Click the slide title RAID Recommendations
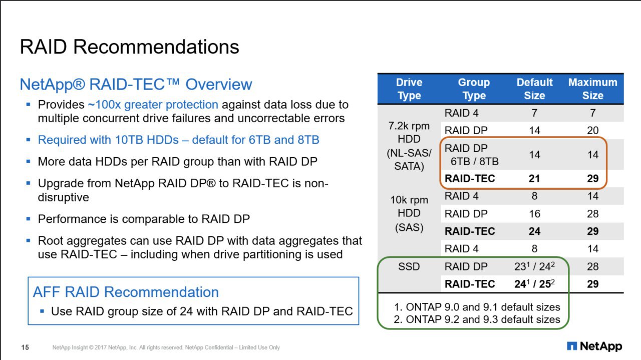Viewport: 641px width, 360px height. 129,47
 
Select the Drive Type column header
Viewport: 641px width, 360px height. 409,89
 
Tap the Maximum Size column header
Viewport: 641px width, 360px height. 592,89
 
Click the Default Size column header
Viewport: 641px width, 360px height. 534,89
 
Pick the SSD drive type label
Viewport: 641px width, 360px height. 409,267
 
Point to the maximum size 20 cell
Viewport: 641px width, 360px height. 592,131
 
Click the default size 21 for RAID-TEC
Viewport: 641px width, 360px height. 534,179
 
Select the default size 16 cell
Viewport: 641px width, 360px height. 534,214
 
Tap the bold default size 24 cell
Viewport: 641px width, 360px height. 534,231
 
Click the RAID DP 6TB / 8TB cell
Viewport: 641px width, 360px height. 471,155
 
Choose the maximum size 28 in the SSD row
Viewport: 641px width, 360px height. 592,267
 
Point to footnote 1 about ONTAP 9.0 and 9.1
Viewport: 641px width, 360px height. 477,307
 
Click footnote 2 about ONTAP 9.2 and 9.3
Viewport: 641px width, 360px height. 477,319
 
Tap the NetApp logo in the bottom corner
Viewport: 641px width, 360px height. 594,346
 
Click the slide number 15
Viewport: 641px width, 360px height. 25,347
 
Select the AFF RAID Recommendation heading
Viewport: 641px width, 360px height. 126,292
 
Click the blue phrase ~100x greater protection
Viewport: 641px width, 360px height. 153,105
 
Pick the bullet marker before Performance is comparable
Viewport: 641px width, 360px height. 28,219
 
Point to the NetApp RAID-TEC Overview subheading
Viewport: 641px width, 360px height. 136,85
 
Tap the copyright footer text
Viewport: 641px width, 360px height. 166,347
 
